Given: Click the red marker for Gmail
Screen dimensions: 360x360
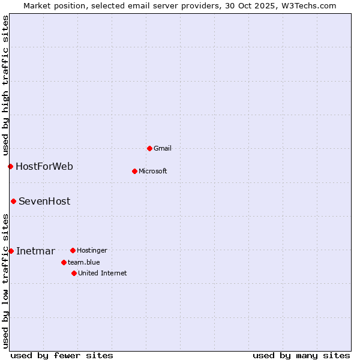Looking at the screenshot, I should pos(149,148).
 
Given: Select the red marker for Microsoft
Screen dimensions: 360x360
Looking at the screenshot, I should pos(134,171).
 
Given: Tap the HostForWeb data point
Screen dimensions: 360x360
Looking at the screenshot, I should pos(10,166).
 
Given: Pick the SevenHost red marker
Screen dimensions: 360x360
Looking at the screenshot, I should pos(13,201).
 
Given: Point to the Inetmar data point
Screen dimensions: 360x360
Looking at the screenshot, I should pos(11,251).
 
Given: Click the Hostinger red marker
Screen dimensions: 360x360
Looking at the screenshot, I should pos(73,250).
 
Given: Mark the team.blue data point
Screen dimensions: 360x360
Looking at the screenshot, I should pos(64,262).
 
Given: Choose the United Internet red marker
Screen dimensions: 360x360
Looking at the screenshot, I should pos(74,273).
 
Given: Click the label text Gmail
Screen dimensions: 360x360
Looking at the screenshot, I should pos(162,148).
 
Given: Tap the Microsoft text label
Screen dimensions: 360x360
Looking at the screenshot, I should pos(152,171).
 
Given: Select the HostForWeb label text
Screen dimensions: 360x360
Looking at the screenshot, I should pos(44,166).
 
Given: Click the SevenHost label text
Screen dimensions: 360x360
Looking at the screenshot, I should pos(44,201).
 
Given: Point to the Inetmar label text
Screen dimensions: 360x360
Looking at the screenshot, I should pos(35,251).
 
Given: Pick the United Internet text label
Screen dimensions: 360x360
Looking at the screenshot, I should pos(102,273).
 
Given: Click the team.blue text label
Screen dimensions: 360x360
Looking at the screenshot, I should pos(83,262).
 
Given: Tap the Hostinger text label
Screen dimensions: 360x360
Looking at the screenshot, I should pos(92,250).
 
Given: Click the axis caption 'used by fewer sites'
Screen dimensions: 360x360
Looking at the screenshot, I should pos(62,355).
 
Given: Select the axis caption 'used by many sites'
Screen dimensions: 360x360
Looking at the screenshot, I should pos(301,355).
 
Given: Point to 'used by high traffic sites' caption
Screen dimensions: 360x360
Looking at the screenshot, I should pos(5,84).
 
